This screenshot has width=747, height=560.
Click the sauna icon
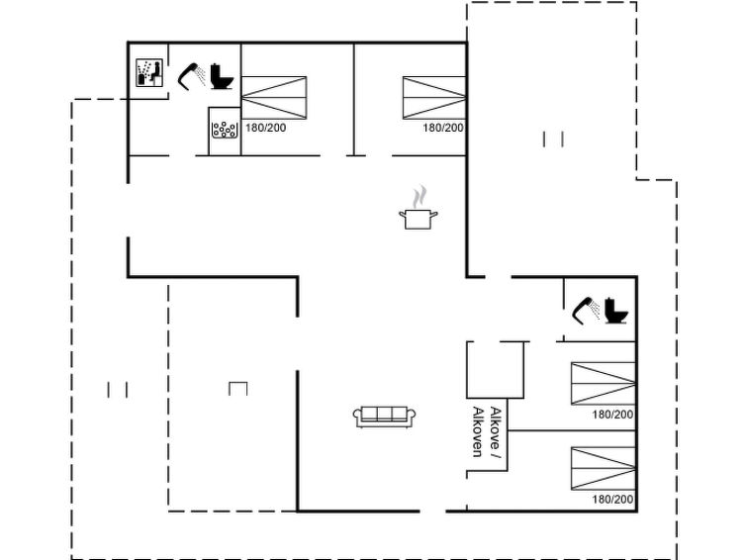(x=149, y=72)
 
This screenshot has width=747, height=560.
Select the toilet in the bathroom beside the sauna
(x=222, y=76)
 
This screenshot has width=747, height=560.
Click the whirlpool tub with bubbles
(x=225, y=130)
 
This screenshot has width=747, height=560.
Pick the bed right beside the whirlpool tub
(x=274, y=98)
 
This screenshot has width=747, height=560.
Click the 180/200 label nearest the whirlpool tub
(x=266, y=128)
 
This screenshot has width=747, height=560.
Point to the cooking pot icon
(x=418, y=220)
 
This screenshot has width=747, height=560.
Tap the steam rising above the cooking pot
(x=420, y=197)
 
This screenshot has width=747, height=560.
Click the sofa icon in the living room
(x=385, y=417)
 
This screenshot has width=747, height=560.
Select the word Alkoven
(x=477, y=431)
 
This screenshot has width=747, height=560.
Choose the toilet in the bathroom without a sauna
(x=616, y=311)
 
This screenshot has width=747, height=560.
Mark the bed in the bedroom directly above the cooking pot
(x=434, y=98)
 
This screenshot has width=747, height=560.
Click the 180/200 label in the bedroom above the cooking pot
(x=443, y=128)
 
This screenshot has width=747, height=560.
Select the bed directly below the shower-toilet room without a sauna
(x=604, y=384)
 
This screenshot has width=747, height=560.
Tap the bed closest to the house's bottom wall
(x=604, y=469)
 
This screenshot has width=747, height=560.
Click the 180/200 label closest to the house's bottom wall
(x=612, y=499)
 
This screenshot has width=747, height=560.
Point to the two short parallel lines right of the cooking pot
(x=554, y=140)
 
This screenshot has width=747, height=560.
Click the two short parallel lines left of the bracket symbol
(x=117, y=390)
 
